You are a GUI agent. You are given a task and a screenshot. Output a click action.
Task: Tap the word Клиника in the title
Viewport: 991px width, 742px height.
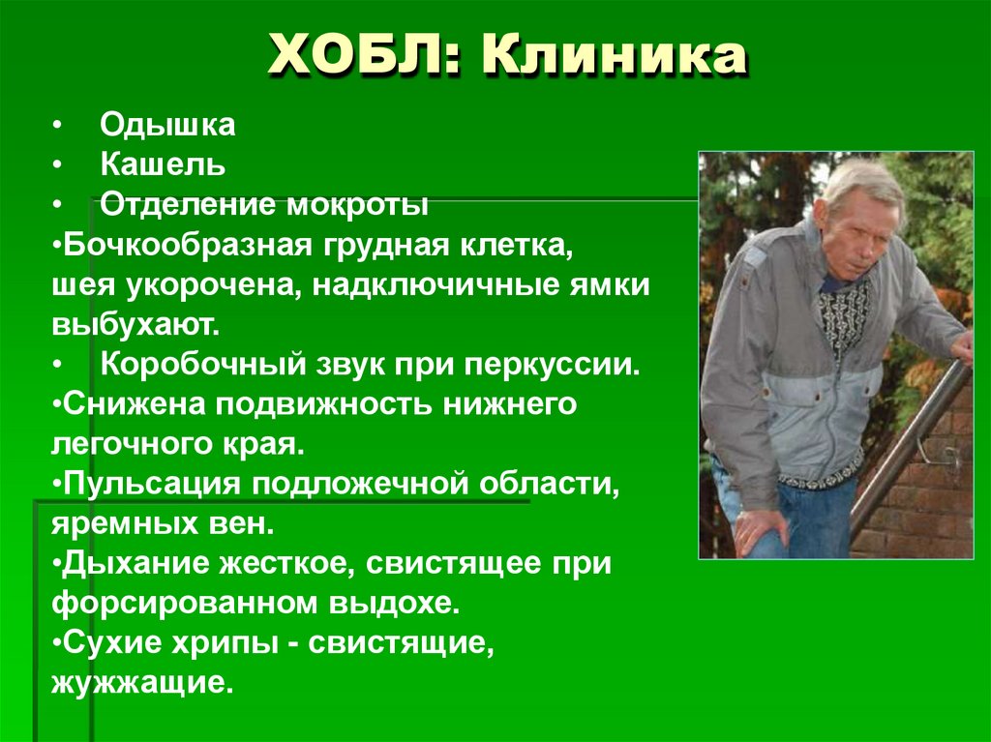614,57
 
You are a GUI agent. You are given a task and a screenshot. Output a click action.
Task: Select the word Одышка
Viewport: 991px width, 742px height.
167,126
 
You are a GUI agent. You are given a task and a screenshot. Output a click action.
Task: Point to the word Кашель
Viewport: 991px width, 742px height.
163,165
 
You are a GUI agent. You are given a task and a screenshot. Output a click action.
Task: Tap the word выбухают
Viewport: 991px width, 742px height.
135,325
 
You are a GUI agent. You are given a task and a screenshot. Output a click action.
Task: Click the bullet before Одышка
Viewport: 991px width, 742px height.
59,127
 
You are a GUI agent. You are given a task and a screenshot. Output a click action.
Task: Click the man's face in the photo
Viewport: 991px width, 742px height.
856,232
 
